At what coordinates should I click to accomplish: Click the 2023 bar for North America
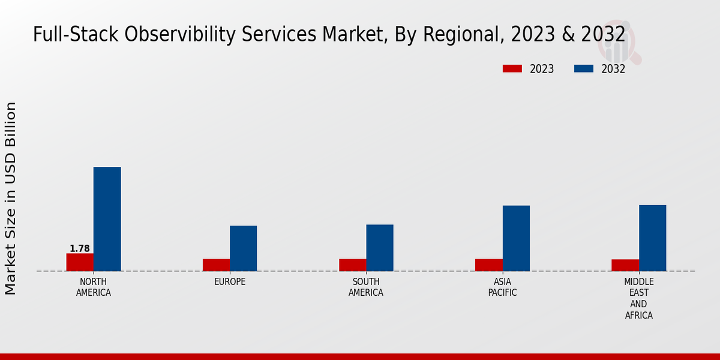click(80, 262)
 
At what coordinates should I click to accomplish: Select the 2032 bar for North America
click(107, 219)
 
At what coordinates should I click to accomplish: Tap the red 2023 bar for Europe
click(216, 265)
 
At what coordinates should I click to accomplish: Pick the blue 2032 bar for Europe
click(243, 248)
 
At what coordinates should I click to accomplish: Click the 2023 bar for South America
click(352, 265)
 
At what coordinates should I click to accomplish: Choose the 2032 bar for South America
click(380, 248)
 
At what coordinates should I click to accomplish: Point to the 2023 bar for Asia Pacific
click(488, 265)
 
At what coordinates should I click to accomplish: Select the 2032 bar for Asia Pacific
click(516, 238)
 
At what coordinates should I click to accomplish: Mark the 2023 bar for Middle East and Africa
click(625, 265)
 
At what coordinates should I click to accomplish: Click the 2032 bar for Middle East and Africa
click(652, 238)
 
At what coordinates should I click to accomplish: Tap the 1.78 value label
click(80, 248)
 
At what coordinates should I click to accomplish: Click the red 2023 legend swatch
click(512, 69)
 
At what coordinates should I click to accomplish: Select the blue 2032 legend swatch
click(583, 69)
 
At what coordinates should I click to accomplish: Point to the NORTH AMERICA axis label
click(93, 287)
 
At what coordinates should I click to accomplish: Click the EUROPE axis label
click(230, 282)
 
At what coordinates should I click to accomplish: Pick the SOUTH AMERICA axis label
click(366, 287)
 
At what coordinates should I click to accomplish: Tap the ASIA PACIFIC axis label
click(502, 287)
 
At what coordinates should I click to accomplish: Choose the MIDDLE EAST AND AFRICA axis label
click(639, 298)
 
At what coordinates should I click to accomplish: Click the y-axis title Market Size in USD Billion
click(11, 198)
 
